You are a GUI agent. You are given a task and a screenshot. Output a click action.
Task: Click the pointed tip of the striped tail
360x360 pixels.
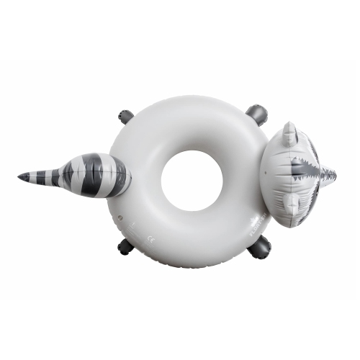tap(20, 176)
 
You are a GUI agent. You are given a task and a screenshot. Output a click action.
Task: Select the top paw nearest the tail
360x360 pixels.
tap(126, 116)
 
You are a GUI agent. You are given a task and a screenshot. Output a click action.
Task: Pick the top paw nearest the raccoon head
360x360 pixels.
tap(256, 114)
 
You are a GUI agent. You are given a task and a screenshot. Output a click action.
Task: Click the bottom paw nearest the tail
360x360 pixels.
tap(126, 246)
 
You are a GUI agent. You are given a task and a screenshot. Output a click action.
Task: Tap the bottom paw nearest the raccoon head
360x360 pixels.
tap(259, 248)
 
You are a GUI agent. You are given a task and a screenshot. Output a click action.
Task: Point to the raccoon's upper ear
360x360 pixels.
tap(289, 134)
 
